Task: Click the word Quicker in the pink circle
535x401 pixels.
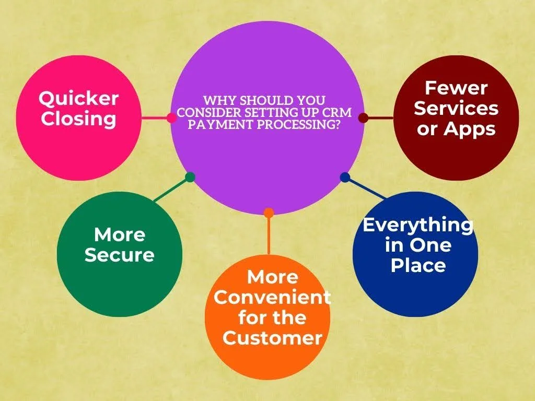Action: [x=78, y=99]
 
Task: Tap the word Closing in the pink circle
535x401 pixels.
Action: [x=78, y=120]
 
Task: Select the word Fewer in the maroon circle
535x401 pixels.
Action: [x=456, y=88]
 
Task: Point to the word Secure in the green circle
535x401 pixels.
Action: [x=120, y=255]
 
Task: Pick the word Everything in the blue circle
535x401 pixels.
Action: [x=418, y=226]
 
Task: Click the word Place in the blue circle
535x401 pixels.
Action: [x=418, y=265]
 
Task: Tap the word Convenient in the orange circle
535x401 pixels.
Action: [x=272, y=297]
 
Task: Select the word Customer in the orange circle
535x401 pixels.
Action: [x=272, y=338]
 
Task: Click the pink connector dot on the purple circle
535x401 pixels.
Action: [x=171, y=118]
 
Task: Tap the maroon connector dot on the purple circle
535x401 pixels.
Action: [x=364, y=118]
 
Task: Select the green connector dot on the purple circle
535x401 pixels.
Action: [x=190, y=177]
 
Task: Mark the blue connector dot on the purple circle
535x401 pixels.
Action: [x=345, y=177]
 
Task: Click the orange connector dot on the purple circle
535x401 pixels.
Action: [x=269, y=213]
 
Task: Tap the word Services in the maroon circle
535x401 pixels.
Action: [x=456, y=109]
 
